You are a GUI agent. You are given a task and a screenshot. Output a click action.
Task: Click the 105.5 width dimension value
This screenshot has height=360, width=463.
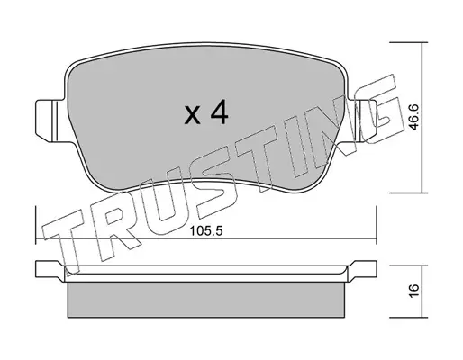(x=206, y=231)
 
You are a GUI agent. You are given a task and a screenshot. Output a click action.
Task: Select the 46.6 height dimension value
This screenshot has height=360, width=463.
(x=414, y=117)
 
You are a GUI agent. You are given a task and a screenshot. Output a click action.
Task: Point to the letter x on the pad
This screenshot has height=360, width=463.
(x=192, y=115)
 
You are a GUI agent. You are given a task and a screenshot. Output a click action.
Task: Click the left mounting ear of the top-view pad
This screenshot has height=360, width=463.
(x=50, y=121)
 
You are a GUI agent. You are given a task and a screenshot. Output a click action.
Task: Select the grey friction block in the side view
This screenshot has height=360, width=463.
(x=206, y=300)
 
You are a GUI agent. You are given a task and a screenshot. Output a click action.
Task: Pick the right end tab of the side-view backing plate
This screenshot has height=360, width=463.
(x=362, y=269)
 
